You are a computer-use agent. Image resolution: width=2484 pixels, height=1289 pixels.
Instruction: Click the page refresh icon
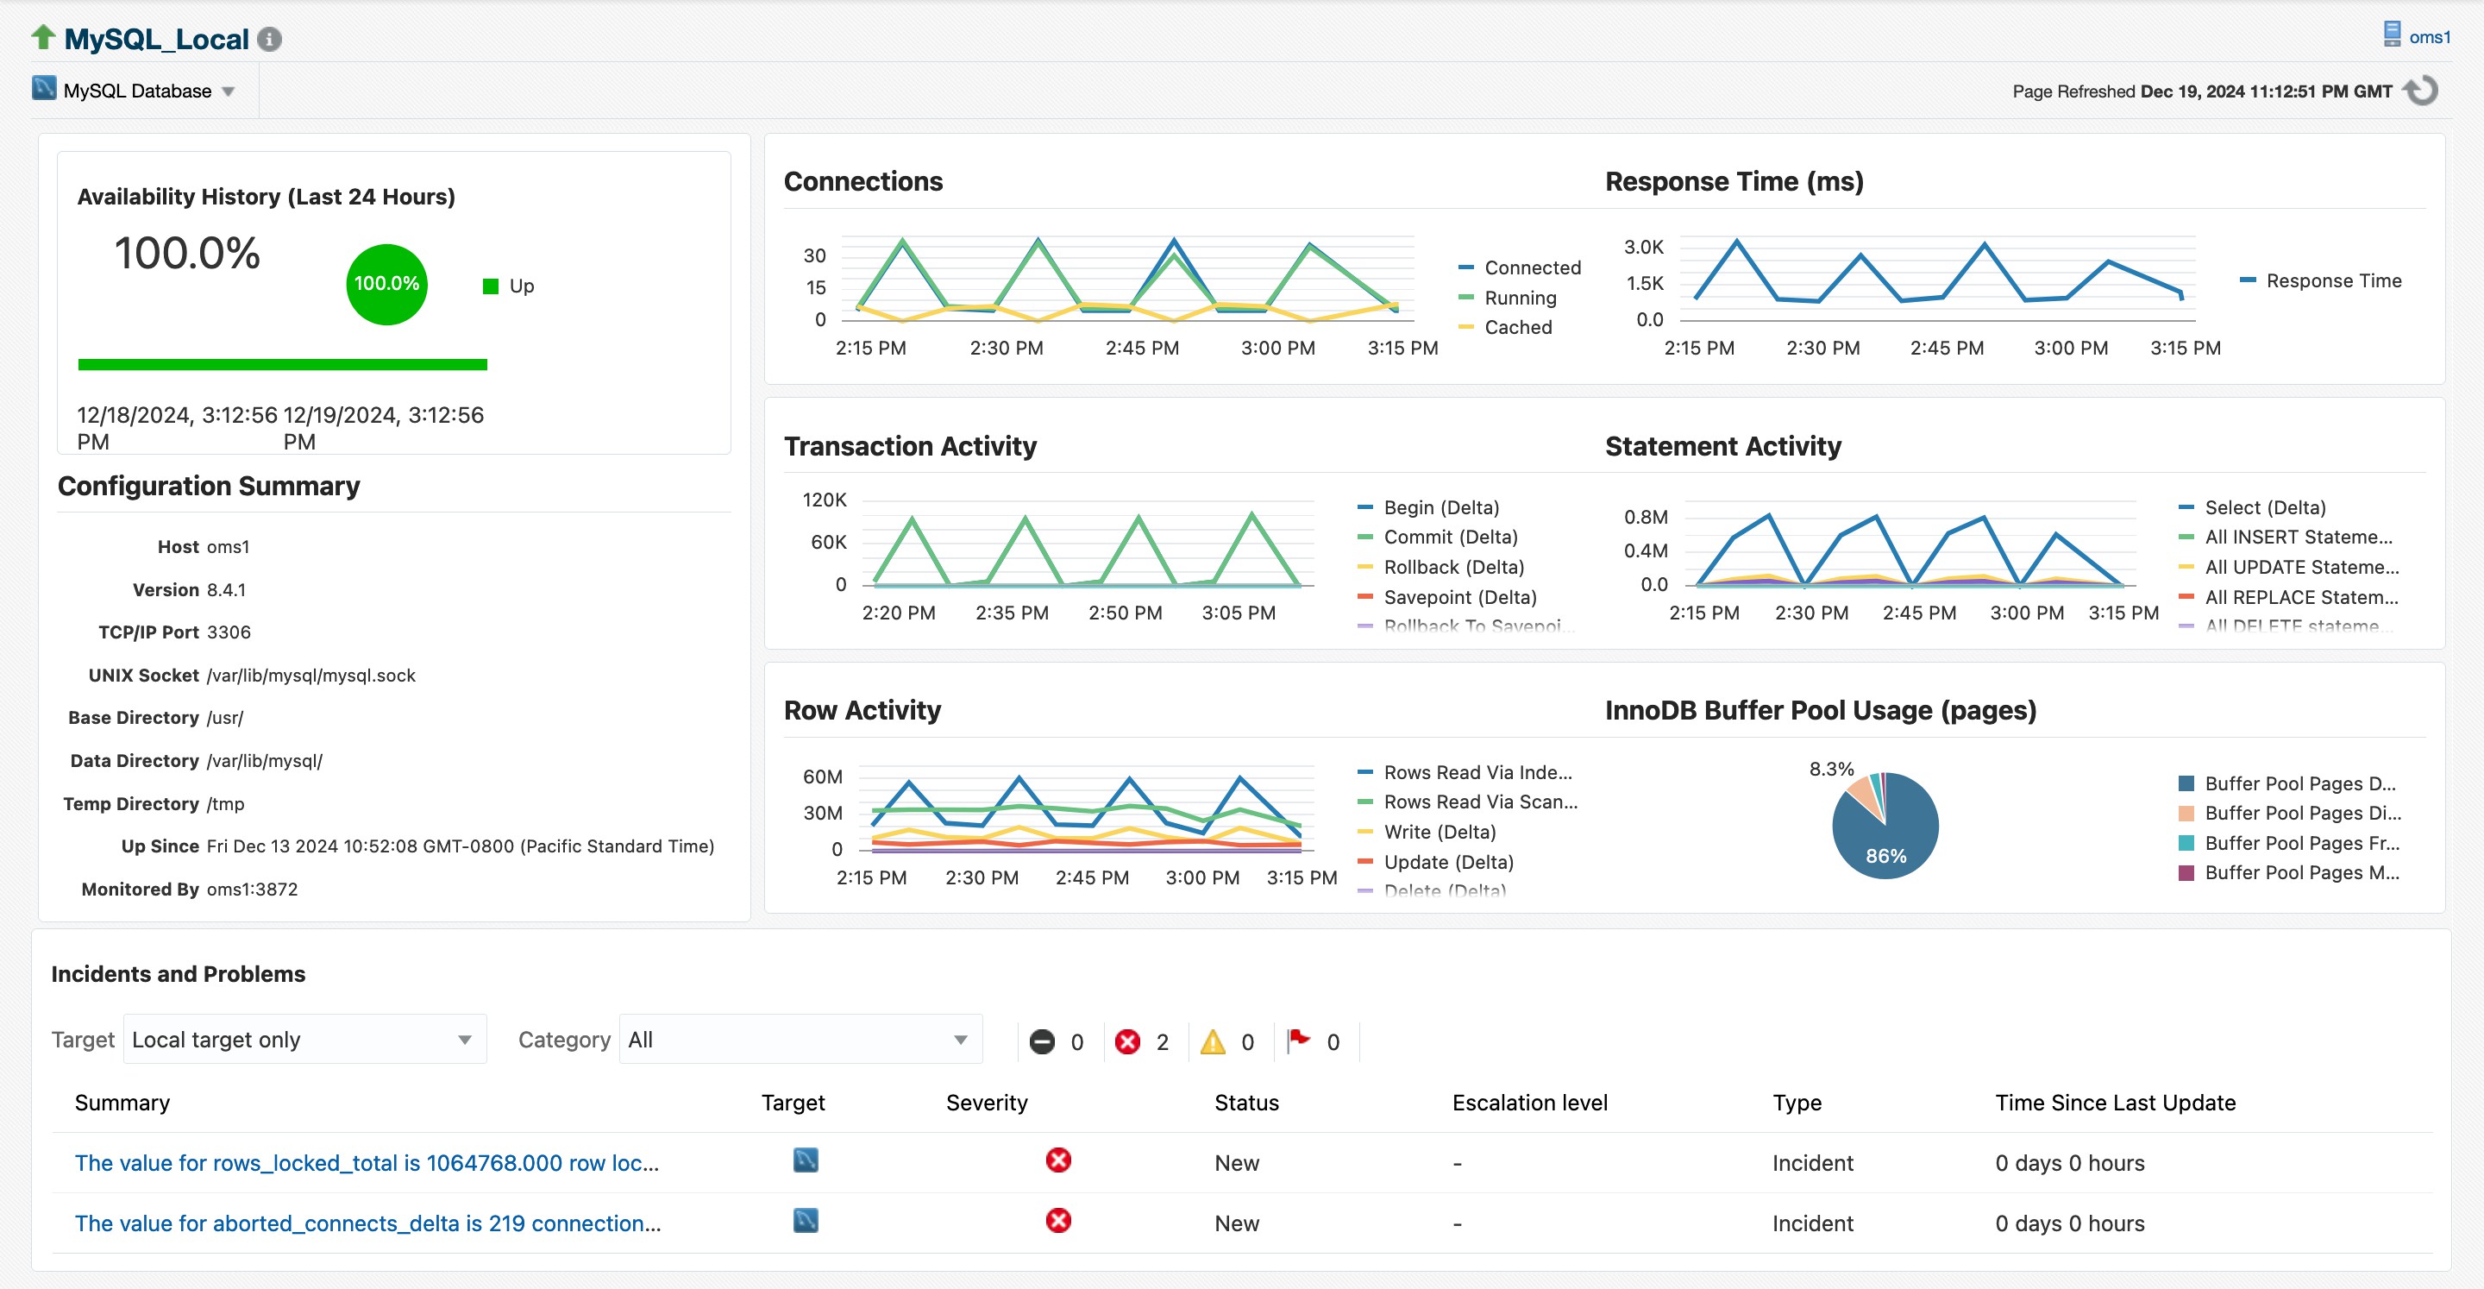click(2421, 91)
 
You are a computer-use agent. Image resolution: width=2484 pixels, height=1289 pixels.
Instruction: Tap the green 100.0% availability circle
click(386, 284)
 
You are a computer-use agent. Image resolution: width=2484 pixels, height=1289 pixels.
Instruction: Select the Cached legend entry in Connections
click(1517, 327)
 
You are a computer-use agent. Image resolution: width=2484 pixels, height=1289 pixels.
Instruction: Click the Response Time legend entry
click(2332, 280)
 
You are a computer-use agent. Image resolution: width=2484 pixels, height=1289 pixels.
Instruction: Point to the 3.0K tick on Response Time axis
click(1643, 247)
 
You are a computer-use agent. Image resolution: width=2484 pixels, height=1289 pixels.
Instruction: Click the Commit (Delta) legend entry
click(1449, 538)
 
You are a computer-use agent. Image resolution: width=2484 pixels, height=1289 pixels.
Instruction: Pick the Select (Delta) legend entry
click(2264, 507)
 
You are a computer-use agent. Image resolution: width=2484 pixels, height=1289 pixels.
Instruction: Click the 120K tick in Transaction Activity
click(825, 500)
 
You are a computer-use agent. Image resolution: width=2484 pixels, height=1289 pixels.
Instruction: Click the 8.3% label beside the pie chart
click(1830, 769)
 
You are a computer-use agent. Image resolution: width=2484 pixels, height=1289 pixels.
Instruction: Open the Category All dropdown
click(800, 1039)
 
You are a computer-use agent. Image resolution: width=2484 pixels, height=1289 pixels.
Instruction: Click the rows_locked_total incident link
click(367, 1163)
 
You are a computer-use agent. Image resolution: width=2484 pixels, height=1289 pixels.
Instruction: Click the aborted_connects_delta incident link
click(367, 1223)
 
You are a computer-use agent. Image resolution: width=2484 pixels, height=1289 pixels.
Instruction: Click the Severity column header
click(987, 1103)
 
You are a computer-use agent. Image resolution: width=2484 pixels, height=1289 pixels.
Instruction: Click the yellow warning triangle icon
click(1212, 1042)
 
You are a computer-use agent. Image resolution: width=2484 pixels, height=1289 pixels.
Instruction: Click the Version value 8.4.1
click(227, 589)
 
